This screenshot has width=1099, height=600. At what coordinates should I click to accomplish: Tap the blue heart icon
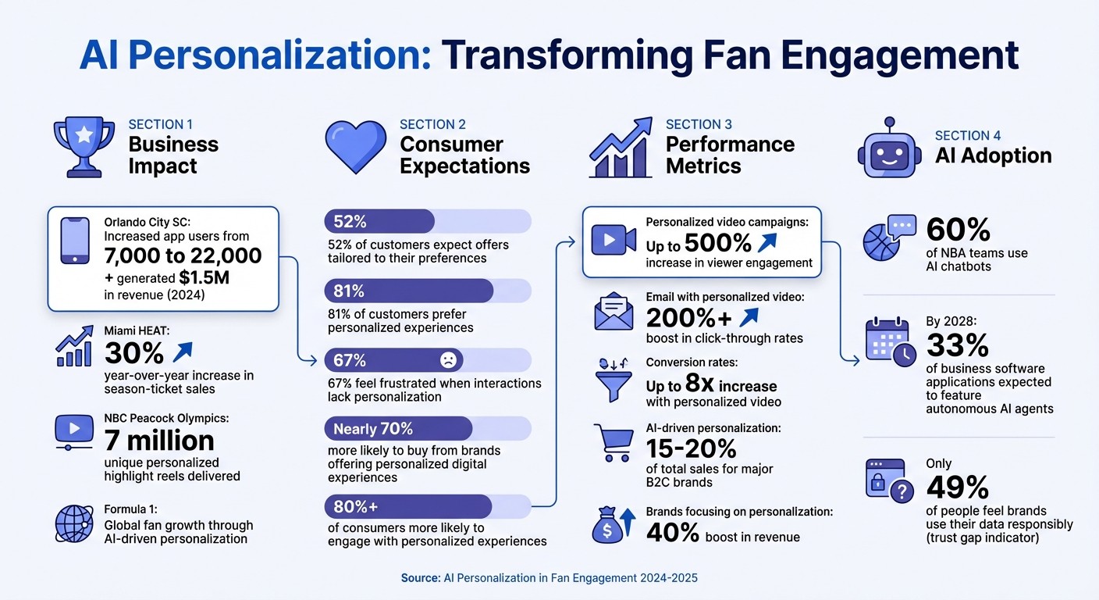pyautogui.click(x=355, y=147)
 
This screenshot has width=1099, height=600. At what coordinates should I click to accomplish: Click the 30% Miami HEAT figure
pyautogui.click(x=134, y=353)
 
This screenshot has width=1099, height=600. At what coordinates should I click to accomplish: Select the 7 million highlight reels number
pyautogui.click(x=159, y=441)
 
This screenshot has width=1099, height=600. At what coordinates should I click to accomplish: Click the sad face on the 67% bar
pyautogui.click(x=448, y=360)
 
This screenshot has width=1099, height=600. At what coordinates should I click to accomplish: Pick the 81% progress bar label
pyautogui.click(x=349, y=291)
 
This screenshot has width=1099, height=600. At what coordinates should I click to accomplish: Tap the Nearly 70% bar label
pyautogui.click(x=373, y=428)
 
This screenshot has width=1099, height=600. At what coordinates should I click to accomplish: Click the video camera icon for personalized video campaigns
pyautogui.click(x=614, y=241)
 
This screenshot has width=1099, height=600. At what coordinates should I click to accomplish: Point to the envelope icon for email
pyautogui.click(x=614, y=311)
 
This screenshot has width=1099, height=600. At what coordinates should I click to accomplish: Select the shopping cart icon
pyautogui.click(x=614, y=443)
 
